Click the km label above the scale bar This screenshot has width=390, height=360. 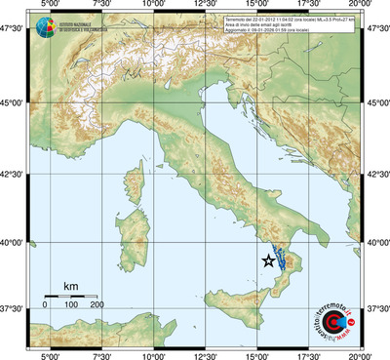click(70, 286)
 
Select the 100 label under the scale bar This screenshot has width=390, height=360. click(71, 305)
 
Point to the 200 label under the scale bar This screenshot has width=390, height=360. click(97, 305)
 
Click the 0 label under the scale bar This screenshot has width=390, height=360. click(45, 305)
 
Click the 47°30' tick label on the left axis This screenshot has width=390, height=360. click(16, 32)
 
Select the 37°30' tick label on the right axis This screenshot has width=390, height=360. click(375, 308)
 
